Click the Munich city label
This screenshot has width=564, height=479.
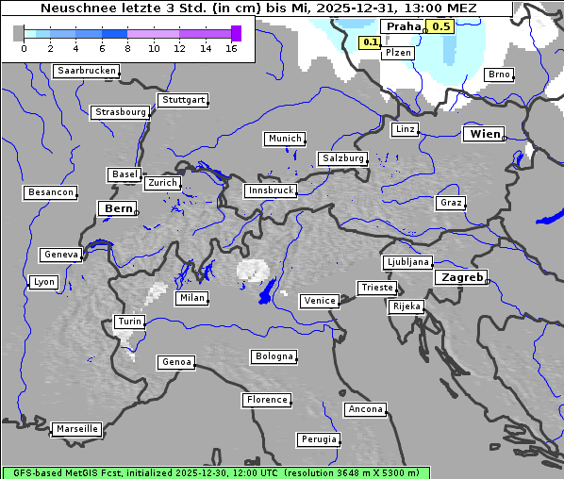285,139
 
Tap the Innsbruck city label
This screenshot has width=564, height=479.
270,190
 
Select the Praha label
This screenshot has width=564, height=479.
403,26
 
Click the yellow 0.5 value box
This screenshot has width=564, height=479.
440,26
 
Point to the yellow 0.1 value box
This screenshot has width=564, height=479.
370,42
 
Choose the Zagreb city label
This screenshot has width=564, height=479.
460,277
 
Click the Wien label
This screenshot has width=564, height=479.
484,134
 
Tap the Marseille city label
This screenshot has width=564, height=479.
76,429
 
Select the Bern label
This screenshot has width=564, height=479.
118,208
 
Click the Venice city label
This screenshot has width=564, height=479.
320,301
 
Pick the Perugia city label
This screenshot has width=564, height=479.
319,439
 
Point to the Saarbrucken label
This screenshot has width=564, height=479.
87,71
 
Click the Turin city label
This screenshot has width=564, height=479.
129,322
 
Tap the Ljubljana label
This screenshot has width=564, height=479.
407,262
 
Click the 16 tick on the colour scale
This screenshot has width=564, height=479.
231,47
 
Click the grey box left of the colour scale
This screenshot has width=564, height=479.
18,33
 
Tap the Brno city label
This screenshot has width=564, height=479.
499,74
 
